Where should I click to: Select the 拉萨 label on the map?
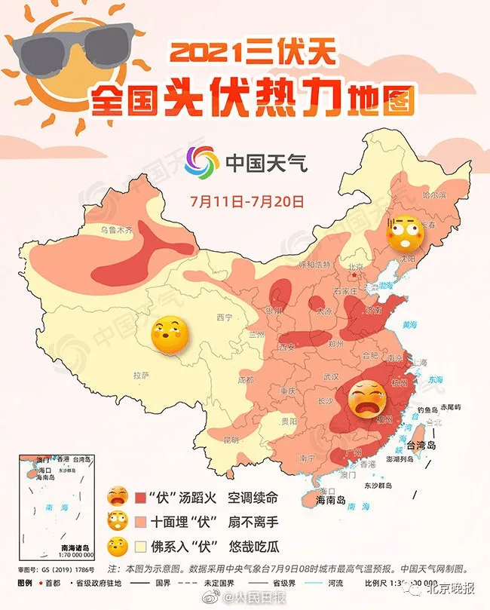pos(142,374)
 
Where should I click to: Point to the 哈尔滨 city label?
pos(434,195)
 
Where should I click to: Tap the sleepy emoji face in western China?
pos(170,337)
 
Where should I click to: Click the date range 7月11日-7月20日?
pos(247,202)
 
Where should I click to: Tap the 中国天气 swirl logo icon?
pos(201,161)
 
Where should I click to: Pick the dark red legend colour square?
pos(141,498)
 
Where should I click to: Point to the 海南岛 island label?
pos(329,500)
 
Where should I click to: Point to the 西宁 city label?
pos(225,317)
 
